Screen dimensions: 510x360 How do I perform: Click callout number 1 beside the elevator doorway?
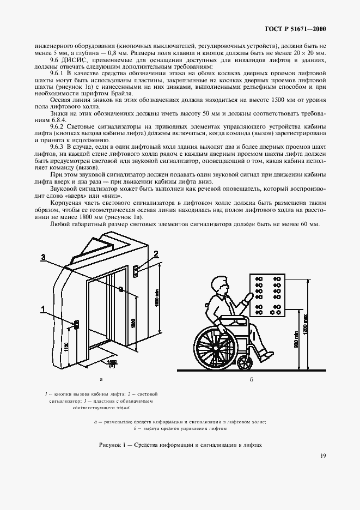pyautogui.click(x=42, y=309)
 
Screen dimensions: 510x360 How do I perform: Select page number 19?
pyautogui.click(x=323, y=471)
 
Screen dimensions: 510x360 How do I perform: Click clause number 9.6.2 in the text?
pyautogui.click(x=58, y=126)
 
